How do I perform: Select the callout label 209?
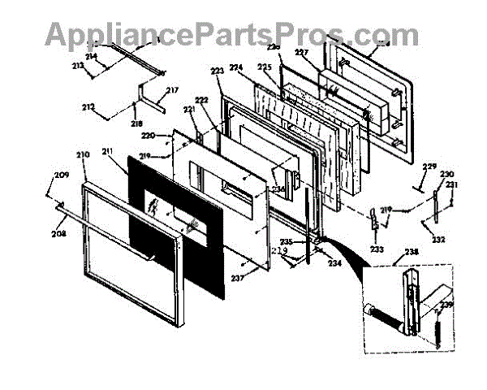coord(62,175)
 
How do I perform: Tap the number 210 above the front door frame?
coord(83,154)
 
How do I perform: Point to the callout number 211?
coord(108,151)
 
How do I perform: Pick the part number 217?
coord(172,90)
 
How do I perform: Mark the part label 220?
coord(148,136)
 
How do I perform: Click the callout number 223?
coord(217,72)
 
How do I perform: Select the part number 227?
coord(302,53)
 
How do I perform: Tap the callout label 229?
coord(429,167)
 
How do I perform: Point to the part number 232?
coord(438,240)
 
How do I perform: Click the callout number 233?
coord(376,249)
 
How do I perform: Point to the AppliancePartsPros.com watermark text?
coord(232,34)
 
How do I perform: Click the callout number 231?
coord(452,184)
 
